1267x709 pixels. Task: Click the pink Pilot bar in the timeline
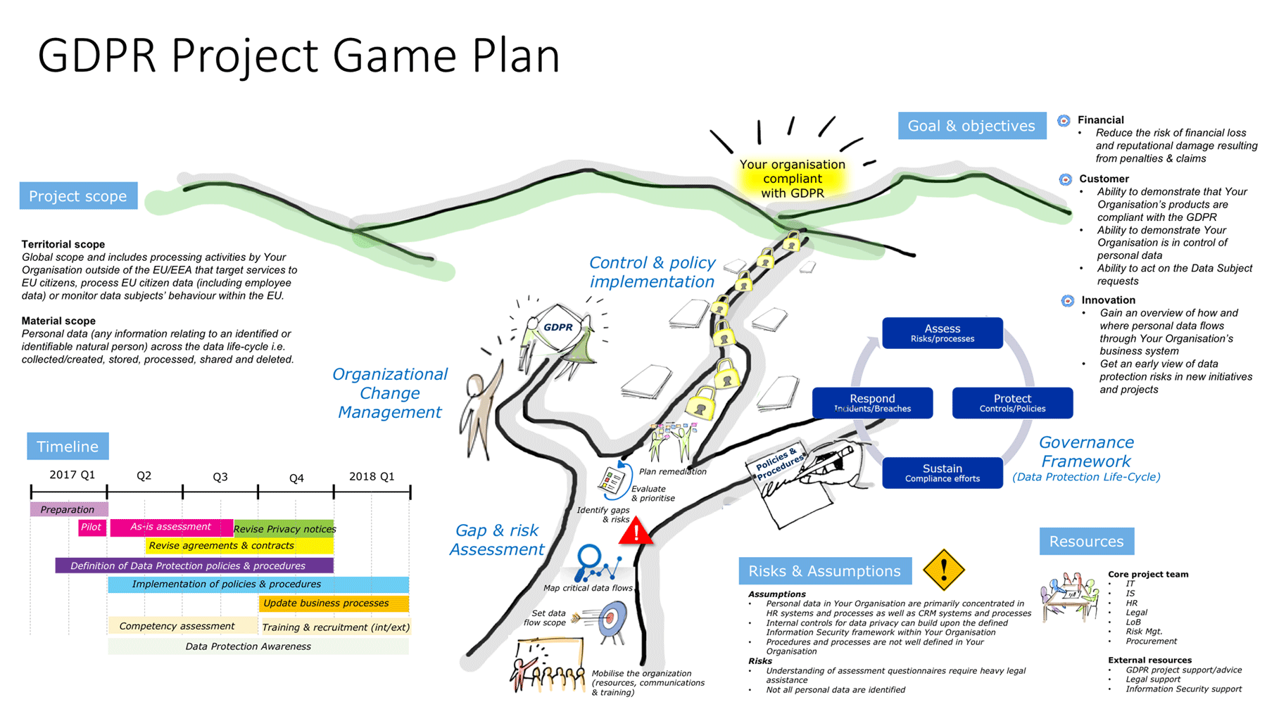point(92,528)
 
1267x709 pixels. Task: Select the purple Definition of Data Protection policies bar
point(194,566)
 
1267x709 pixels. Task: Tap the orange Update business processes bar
point(334,603)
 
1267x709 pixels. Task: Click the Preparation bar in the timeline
point(68,509)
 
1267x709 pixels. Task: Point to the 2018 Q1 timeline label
point(372,476)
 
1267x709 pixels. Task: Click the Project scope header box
point(78,196)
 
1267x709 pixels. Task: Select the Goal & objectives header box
point(971,126)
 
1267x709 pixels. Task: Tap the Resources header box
point(1086,542)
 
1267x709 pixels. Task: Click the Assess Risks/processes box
point(942,333)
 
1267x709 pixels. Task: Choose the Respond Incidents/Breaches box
point(872,403)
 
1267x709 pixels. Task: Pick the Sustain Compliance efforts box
point(942,473)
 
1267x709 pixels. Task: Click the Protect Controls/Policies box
point(1012,403)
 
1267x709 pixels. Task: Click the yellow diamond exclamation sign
point(943,569)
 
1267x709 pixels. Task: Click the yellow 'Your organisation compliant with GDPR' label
point(792,179)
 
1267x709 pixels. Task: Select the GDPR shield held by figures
point(557,327)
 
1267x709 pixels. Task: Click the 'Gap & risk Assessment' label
point(497,539)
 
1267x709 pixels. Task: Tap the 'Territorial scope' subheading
point(63,244)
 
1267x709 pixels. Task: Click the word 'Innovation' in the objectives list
point(1108,300)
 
